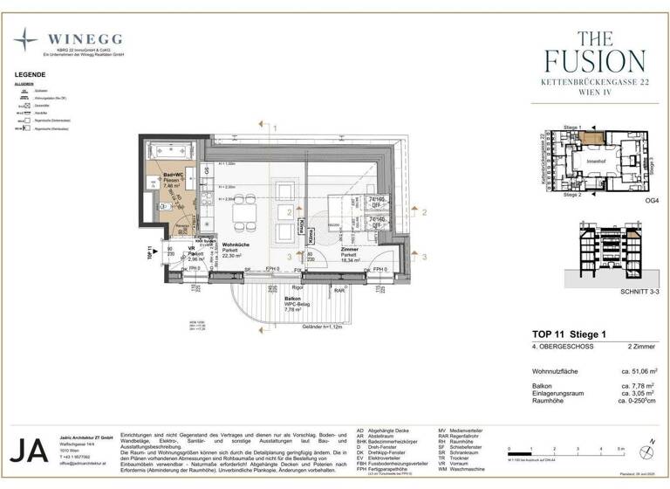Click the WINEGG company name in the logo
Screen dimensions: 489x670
coord(85,39)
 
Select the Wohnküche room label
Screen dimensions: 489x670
coord(238,244)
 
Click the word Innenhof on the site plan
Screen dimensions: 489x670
coord(595,161)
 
